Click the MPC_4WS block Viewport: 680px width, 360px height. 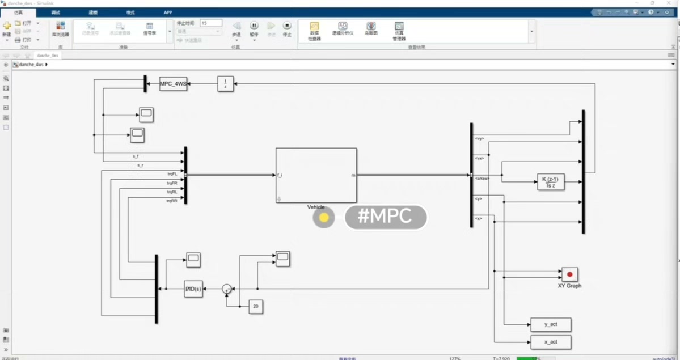click(x=173, y=84)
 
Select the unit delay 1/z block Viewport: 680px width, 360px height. click(x=225, y=84)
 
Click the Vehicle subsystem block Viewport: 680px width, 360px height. click(x=316, y=175)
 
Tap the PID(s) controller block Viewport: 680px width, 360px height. click(x=193, y=289)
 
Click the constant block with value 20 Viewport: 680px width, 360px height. click(x=256, y=307)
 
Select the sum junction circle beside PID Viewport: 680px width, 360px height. click(x=227, y=289)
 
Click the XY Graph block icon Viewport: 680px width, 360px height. click(x=569, y=274)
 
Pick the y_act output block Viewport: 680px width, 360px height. click(x=550, y=324)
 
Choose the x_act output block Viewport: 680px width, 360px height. click(x=550, y=342)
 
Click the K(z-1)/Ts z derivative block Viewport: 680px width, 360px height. click(x=550, y=182)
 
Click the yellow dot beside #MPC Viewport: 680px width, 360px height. click(x=324, y=217)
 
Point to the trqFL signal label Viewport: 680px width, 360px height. click(x=172, y=174)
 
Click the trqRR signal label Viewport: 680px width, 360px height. click(x=172, y=201)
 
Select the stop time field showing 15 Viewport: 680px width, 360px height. click(x=210, y=23)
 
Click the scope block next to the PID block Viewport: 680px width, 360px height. click(x=193, y=260)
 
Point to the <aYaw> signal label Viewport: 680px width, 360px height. click(x=482, y=178)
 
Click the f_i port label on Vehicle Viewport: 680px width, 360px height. click(x=280, y=175)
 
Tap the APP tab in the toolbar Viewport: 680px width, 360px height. click(x=168, y=12)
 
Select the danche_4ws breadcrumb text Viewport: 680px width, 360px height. click(x=31, y=65)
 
